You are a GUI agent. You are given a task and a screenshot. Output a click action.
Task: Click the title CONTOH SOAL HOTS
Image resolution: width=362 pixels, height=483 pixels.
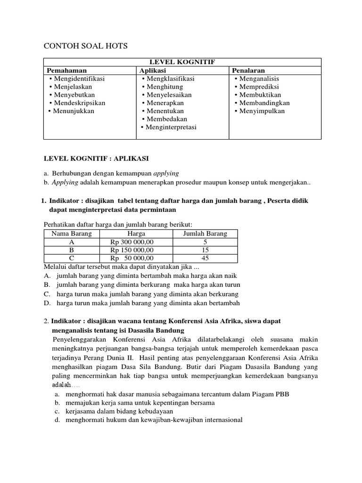click(86, 46)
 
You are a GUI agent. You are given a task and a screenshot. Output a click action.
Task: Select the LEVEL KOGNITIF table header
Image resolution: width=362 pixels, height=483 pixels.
click(182, 62)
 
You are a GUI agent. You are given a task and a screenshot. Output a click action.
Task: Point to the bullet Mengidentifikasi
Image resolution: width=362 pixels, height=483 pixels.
click(79, 78)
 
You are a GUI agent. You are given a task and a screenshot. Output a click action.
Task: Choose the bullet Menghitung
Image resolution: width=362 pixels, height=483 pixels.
click(165, 87)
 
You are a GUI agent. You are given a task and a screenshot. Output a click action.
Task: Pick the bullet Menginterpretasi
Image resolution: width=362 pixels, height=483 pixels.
click(171, 127)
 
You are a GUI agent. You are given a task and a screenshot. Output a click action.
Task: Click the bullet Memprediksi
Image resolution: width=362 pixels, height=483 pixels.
click(259, 87)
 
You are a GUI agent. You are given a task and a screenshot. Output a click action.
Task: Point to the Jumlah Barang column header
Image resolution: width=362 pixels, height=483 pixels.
click(205, 234)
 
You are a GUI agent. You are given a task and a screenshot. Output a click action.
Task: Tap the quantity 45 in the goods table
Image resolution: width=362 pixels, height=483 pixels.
click(205, 258)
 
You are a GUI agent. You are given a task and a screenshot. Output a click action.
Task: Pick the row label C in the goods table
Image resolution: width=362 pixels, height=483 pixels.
click(72, 258)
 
